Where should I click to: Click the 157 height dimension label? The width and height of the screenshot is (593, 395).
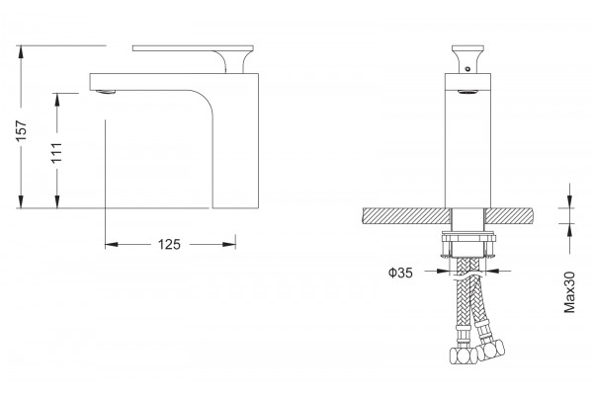tap(21, 130)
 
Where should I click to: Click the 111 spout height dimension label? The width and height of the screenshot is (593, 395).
tap(56, 153)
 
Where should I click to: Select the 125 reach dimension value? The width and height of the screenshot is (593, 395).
tap(169, 245)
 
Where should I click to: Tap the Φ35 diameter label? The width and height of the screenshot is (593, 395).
tap(400, 273)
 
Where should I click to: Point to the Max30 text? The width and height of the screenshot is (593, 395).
tap(569, 292)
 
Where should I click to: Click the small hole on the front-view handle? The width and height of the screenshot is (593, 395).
tap(467, 69)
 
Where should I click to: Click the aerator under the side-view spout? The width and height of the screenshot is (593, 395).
tap(106, 92)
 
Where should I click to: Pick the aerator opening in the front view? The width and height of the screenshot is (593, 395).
tap(467, 91)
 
